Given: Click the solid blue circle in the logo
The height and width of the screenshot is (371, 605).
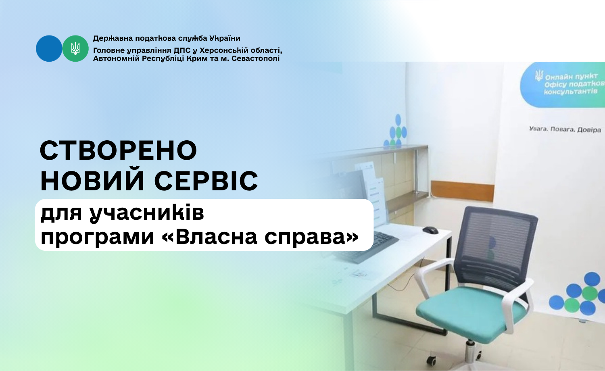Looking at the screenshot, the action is click(49, 49).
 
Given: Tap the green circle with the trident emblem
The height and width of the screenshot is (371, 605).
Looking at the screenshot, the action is click(75, 49).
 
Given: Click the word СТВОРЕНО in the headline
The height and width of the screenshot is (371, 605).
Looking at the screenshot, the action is click(119, 150).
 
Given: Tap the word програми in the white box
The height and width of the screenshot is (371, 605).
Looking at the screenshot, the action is click(97, 238).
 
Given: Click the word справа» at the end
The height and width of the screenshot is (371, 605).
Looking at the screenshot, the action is click(311, 238).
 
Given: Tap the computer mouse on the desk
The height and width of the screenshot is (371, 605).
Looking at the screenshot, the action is click(430, 230).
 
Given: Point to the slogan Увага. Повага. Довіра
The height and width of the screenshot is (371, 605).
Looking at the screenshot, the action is click(565, 129).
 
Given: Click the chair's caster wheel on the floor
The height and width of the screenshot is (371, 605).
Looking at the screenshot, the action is click(432, 360).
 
